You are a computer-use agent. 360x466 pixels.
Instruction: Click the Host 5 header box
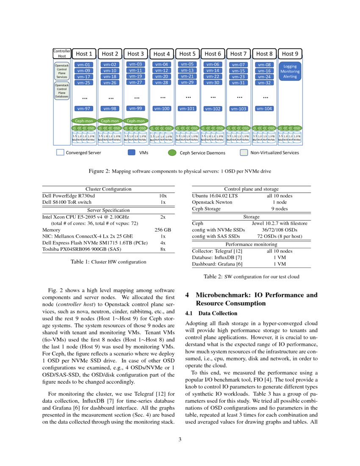click(187, 54)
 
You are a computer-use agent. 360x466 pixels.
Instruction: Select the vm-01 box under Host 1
click(84, 65)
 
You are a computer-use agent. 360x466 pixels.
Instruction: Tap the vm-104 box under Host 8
click(264, 108)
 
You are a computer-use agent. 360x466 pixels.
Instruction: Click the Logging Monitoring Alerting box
click(290, 71)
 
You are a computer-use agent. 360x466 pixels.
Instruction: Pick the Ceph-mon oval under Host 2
click(110, 121)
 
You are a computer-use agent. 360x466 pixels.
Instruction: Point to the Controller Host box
click(62, 53)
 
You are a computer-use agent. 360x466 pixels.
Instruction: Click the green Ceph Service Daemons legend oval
click(172, 153)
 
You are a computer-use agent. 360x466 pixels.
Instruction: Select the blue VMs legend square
click(131, 153)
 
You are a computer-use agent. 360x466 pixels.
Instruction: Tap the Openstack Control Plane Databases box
click(62, 91)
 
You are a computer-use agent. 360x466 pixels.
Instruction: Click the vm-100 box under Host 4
click(161, 109)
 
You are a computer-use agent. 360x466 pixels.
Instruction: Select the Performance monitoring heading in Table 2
click(251, 244)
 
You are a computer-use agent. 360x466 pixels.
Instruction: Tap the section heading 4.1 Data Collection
click(211, 313)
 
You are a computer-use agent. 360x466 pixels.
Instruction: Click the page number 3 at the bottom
click(180, 439)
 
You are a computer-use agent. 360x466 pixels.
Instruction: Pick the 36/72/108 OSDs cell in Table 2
click(279, 229)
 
